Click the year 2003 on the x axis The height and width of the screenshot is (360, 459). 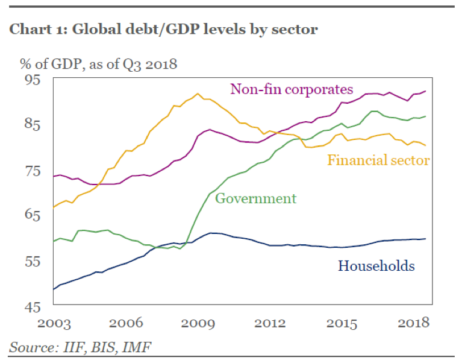54,323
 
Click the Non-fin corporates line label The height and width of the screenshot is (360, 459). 292,90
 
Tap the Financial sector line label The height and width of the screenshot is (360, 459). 378,160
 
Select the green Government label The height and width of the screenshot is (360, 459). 255,198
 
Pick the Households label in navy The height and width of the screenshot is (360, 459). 376,266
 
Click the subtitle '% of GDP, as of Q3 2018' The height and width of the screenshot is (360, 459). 93,64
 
